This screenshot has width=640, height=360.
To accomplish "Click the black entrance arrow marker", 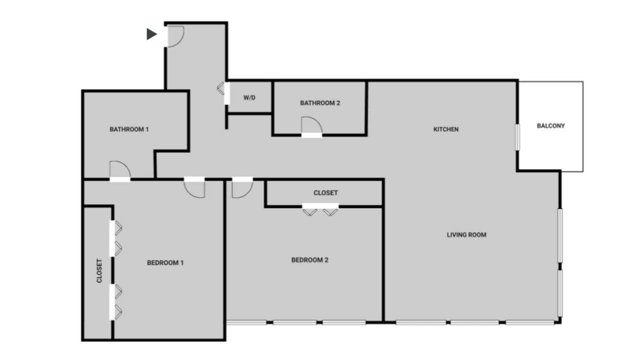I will point(152,34).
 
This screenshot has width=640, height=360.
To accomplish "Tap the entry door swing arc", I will point(176,36).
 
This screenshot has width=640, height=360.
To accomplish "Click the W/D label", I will point(249,98).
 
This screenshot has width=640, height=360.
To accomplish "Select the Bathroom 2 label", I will point(320,103).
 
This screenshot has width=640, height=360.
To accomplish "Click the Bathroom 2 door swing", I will point(312,125).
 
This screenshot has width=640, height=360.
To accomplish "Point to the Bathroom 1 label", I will point(129,129).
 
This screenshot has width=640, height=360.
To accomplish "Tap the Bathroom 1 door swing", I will point(120,169).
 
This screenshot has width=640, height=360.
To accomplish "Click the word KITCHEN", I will point(446,129).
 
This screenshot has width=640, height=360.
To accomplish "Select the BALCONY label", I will point(551,125).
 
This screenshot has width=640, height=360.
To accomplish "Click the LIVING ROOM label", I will point(467,235).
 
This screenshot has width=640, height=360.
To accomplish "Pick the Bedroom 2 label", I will point(310,260).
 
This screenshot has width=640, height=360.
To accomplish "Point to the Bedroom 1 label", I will point(165,263).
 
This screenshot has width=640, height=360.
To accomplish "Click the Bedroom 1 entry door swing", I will point(195,188).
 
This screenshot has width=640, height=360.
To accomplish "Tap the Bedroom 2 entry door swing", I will point(242,188).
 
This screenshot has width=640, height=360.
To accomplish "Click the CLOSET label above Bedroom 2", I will point(325,192).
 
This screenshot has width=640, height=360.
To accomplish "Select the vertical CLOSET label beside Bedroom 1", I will point(99,271).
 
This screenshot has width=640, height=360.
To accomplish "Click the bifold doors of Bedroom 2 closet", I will point(320,211).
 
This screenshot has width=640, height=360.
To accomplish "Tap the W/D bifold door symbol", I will point(221,88).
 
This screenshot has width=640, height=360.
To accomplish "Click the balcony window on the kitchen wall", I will point(517,136).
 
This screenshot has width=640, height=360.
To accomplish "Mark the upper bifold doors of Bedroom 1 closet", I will point(117,238).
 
